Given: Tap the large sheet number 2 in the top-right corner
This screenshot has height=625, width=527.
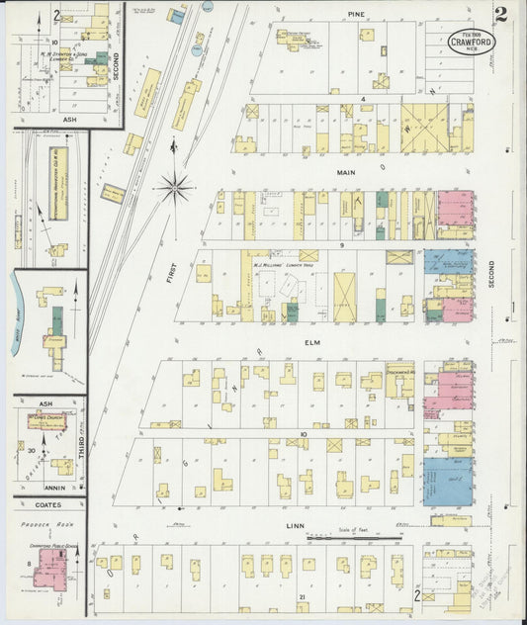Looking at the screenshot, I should point(503,15).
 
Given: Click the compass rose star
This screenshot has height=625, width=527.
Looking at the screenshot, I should point(175,184).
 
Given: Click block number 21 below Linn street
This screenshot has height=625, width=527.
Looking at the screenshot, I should point(301,598).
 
